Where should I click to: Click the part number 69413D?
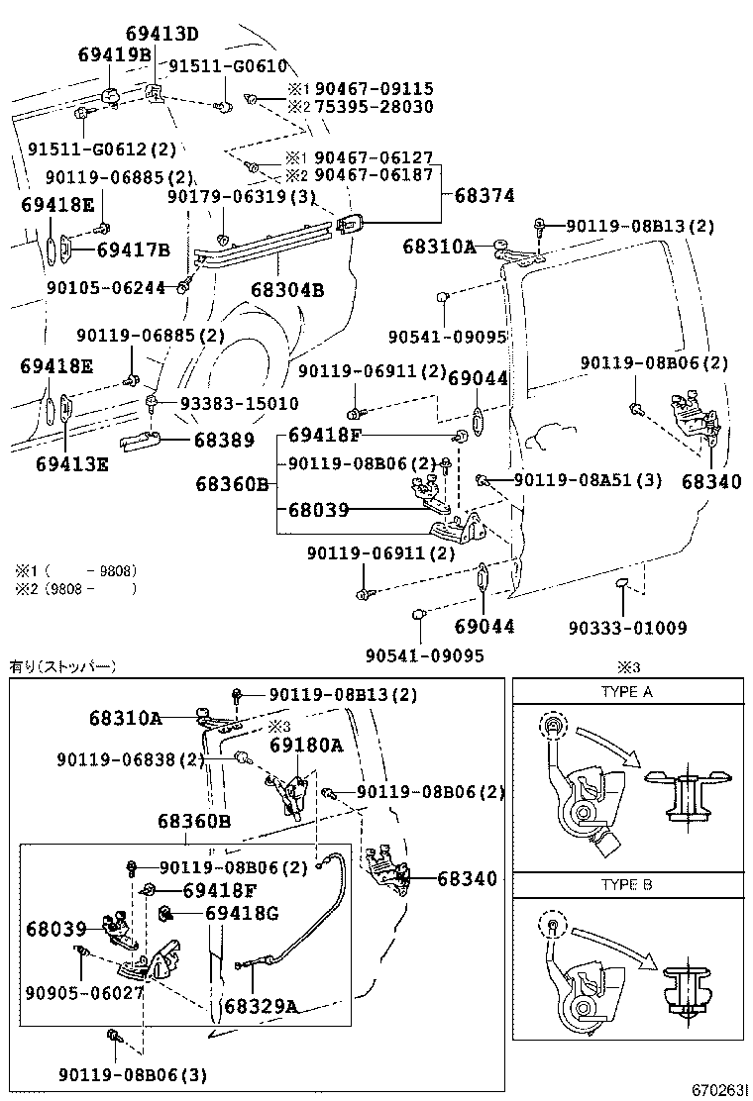[x=161, y=35]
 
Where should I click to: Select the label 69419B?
[x=114, y=55]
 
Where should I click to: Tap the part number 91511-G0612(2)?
[x=101, y=149]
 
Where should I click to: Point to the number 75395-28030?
[x=374, y=106]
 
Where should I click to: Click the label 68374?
[x=484, y=196]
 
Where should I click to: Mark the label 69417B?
[x=134, y=250]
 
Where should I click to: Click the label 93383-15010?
[x=238, y=404]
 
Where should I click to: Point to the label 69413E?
[x=71, y=462]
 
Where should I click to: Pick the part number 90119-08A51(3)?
[x=587, y=480]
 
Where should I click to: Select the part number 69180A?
[x=306, y=745]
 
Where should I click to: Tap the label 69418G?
[x=242, y=912]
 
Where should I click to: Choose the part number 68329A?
[x=261, y=1005]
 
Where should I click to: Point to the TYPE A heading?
[x=626, y=692]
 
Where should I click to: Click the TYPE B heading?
[x=626, y=885]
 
